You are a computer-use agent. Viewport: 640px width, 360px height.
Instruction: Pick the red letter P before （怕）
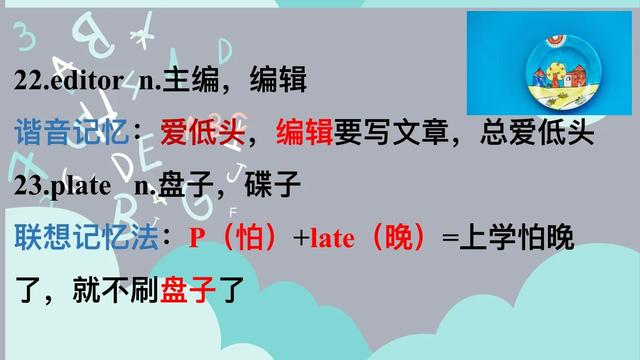click(x=196, y=239)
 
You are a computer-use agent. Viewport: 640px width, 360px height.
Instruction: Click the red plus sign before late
click(x=300, y=239)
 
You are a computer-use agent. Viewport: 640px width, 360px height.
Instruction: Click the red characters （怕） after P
click(x=244, y=239)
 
